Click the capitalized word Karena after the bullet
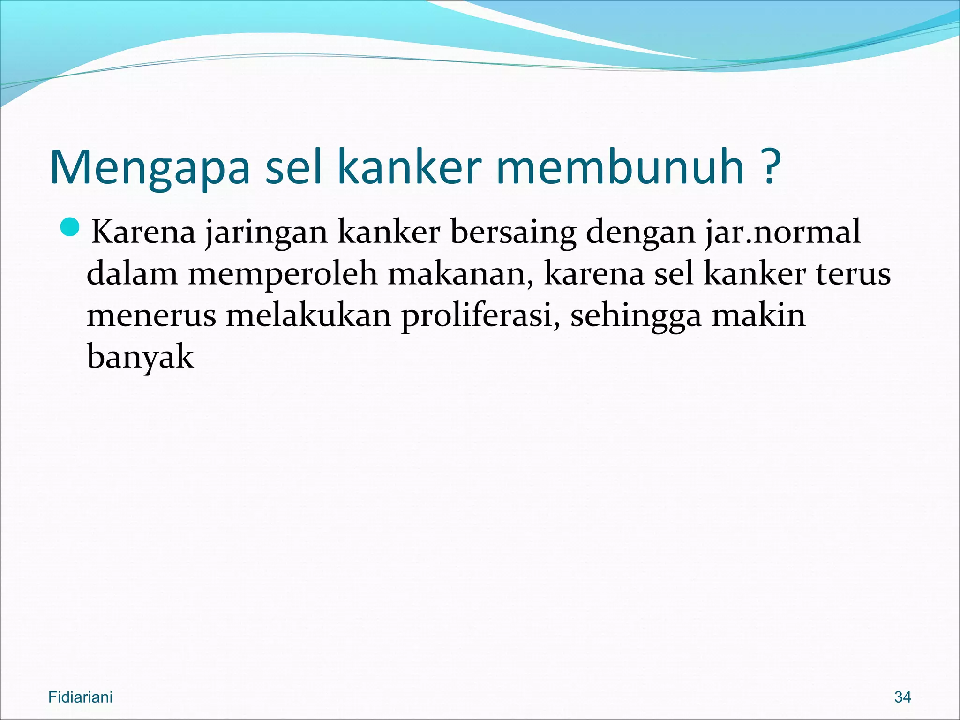pos(143,232)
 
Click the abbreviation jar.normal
pos(783,232)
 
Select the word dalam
pos(132,274)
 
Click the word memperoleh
pos(283,275)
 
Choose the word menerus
pos(151,315)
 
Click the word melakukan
pos(308,315)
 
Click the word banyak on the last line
pos(140,358)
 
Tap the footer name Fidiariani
pos(80,697)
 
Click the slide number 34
pos(902,697)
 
